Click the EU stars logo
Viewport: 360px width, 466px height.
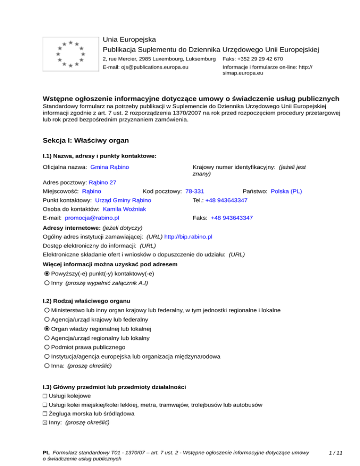coord(69,53)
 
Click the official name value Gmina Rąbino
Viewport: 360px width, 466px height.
coord(110,167)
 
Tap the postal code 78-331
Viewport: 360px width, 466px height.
coord(195,191)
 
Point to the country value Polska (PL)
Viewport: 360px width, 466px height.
coord(286,191)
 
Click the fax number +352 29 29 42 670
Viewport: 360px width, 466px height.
coord(265,59)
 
